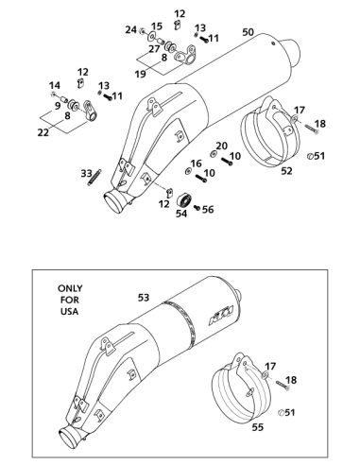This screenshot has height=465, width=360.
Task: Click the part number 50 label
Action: [x=249, y=32]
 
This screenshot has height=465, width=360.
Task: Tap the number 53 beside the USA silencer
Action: [x=144, y=298]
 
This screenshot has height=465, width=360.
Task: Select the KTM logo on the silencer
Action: [x=221, y=315]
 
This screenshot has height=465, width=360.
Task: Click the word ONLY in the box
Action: [x=70, y=288]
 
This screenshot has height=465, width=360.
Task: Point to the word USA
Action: [x=69, y=312]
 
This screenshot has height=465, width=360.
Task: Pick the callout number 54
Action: [x=181, y=214]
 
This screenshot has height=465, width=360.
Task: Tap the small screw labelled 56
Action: [x=197, y=208]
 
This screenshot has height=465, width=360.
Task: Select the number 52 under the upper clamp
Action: [x=286, y=171]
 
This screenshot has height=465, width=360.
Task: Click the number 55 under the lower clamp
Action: [x=258, y=427]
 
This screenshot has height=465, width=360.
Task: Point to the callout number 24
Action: [x=131, y=30]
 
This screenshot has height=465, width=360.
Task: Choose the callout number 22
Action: [x=43, y=132]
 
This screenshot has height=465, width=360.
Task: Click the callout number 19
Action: [x=141, y=74]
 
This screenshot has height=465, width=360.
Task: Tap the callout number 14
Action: [x=55, y=85]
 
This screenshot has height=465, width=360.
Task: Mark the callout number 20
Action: [x=222, y=146]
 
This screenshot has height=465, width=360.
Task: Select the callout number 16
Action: [x=196, y=164]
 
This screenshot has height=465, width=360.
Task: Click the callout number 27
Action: [x=154, y=49]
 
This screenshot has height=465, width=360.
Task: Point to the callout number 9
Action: [x=58, y=106]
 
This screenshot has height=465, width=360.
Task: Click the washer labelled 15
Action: [x=152, y=37]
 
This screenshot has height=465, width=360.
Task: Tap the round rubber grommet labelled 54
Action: [x=184, y=200]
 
